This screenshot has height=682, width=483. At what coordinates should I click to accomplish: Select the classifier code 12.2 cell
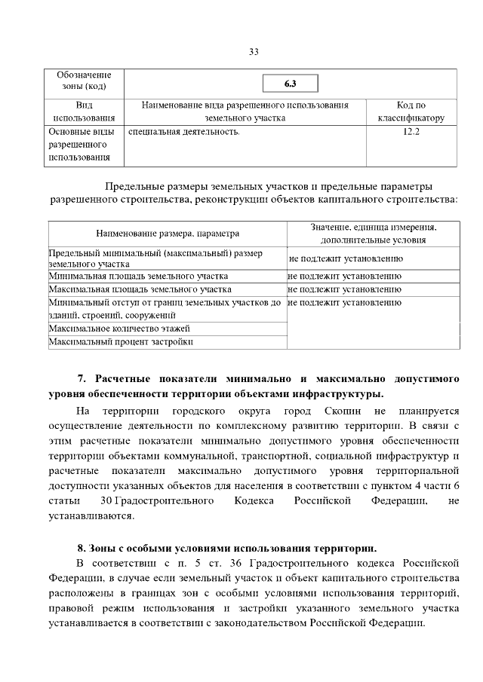tap(411, 132)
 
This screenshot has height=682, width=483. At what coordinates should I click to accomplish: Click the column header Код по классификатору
tap(411, 112)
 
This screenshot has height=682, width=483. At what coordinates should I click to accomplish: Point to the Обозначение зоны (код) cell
tap(84, 81)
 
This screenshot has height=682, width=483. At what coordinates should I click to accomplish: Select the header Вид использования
tap(84, 112)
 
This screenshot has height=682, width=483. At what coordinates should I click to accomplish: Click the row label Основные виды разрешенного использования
tap(84, 145)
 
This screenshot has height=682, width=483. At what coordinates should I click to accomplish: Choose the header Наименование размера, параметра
tap(167, 234)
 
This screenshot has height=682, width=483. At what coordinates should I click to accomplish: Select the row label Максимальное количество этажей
tap(118, 329)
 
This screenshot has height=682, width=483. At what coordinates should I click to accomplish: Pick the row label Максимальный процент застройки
tap(120, 342)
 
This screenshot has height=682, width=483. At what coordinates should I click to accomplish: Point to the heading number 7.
tap(82, 378)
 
